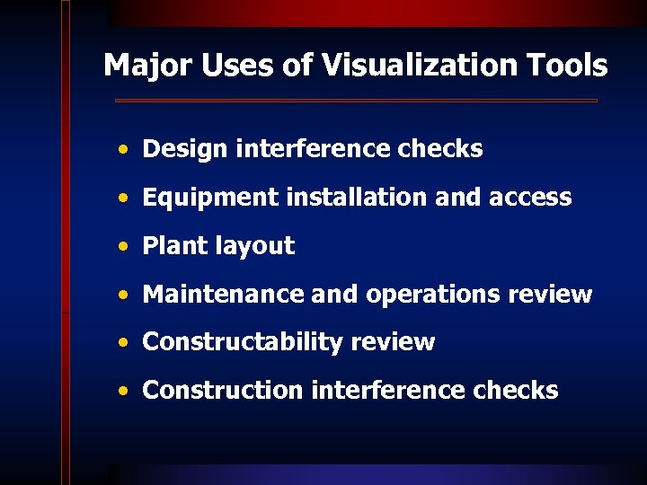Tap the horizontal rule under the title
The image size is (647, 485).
coord(356,101)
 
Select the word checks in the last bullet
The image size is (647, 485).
coord(518,390)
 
